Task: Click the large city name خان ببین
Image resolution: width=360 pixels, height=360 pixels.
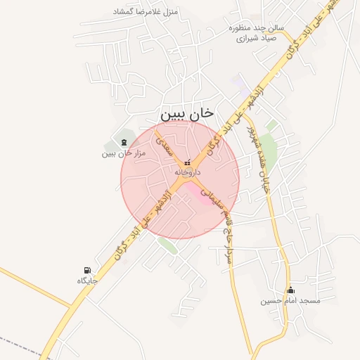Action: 186,113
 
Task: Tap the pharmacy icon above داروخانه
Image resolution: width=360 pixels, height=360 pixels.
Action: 187,163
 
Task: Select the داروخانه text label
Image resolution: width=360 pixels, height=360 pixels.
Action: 187,172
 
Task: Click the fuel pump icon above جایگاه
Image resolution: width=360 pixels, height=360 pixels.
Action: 87,270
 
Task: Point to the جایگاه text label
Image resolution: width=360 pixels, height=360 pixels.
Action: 87,281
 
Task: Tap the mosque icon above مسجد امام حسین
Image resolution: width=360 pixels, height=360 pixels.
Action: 290,290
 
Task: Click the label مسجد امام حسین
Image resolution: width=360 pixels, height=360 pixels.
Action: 290,301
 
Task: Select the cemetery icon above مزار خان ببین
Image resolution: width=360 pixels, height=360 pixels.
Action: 124,143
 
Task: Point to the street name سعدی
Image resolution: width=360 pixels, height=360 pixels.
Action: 163,145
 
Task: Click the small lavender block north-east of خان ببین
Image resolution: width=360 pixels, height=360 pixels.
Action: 242,91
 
